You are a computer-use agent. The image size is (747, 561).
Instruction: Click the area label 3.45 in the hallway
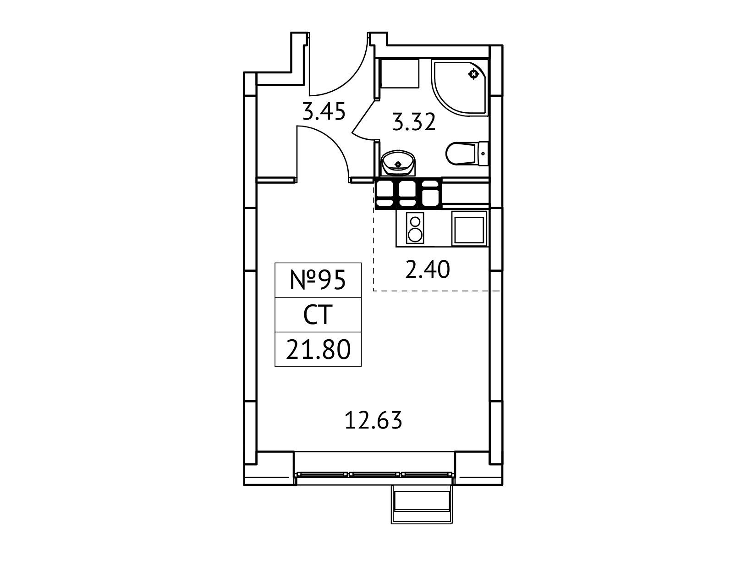tap(324, 111)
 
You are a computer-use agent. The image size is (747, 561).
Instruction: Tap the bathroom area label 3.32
tap(414, 122)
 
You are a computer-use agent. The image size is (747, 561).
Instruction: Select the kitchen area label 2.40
tap(428, 269)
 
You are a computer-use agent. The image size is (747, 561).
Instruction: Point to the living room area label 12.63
tap(373, 420)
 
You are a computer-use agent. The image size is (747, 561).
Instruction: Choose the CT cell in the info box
tap(318, 315)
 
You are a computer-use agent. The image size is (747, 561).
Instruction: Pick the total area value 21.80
tap(318, 349)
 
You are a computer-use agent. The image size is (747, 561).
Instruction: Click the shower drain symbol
tap(473, 74)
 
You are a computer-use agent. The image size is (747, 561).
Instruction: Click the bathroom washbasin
tap(398, 163)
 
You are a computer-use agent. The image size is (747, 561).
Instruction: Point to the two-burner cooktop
tap(415, 228)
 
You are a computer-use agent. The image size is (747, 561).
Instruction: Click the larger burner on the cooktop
tap(415, 235)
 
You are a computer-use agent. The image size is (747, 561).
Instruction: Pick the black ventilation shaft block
tap(408, 193)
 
